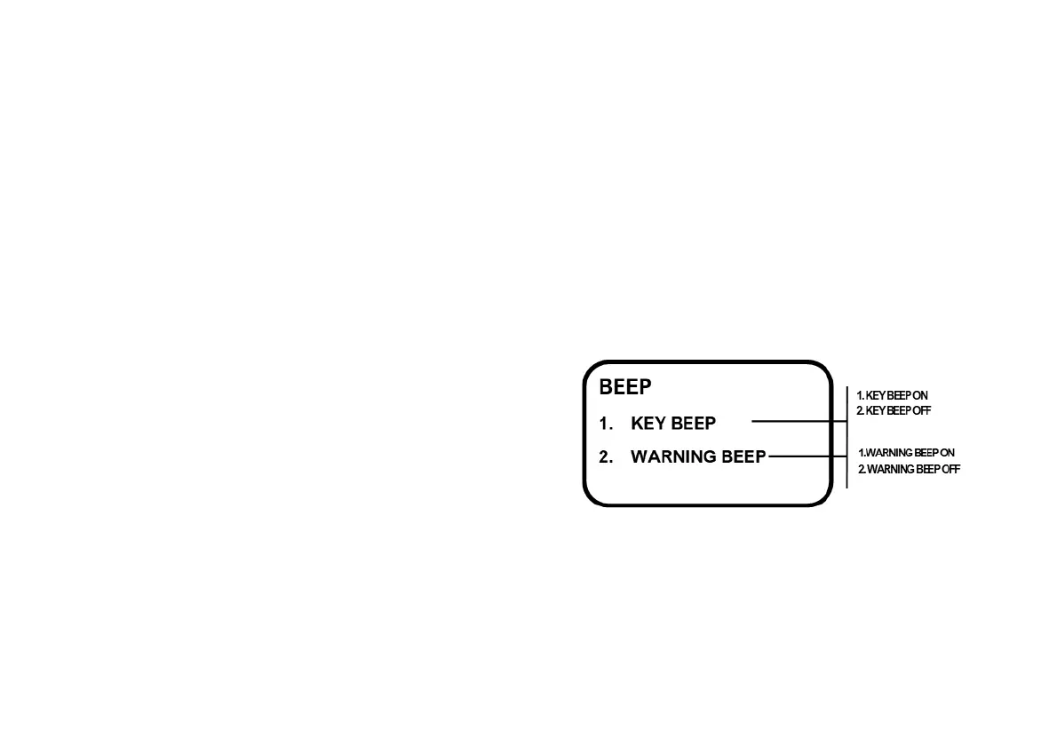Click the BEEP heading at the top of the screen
point(625,387)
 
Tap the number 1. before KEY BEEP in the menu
point(606,424)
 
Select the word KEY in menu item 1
point(647,424)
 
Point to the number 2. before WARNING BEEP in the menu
point(606,457)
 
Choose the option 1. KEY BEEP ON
point(892,395)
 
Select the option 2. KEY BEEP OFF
point(894,411)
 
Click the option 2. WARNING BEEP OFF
point(909,469)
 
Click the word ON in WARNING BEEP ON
point(947,453)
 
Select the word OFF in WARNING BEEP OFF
point(950,469)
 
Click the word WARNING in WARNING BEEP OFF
point(890,469)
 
